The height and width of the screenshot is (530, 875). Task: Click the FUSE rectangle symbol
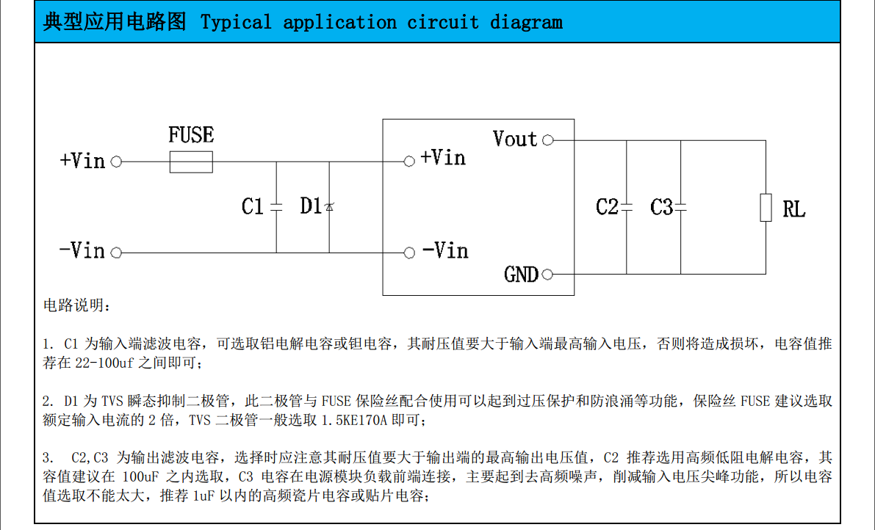(191, 161)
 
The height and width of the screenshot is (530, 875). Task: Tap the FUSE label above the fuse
(191, 135)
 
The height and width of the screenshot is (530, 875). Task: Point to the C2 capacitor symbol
(627, 208)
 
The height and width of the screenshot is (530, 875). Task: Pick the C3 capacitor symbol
(680, 208)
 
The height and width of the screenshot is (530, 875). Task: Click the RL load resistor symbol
(766, 208)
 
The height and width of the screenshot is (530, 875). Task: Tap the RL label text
(793, 210)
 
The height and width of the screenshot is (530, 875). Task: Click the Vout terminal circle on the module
(547, 140)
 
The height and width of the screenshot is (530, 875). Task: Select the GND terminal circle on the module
(547, 275)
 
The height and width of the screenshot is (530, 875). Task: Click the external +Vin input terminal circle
(115, 161)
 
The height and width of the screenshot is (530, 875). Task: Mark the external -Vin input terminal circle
(115, 253)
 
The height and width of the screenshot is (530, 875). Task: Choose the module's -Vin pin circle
(409, 253)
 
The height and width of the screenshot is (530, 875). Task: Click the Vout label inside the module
(515, 139)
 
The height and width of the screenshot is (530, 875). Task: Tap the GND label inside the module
(522, 275)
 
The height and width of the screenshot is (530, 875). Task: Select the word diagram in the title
(526, 22)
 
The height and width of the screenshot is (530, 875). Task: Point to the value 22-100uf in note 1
(111, 363)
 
